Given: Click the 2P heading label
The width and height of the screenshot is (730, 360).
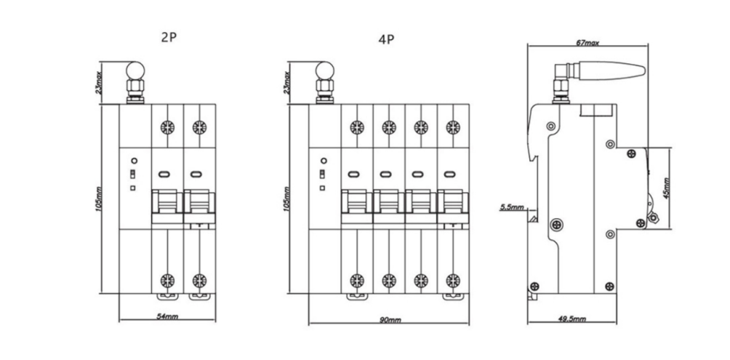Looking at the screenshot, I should (x=168, y=36).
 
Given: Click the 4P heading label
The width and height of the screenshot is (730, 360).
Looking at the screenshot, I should (x=385, y=40).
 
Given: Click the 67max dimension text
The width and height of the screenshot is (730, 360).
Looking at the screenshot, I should (x=587, y=44).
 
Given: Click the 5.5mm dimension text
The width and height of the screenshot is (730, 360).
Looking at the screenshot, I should (x=511, y=208).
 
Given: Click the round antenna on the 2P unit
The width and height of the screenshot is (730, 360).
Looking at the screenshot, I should (x=135, y=73).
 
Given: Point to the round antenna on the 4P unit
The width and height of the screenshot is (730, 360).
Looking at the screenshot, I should (x=325, y=73).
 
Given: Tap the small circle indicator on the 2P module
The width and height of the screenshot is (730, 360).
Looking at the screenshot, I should (x=133, y=160).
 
